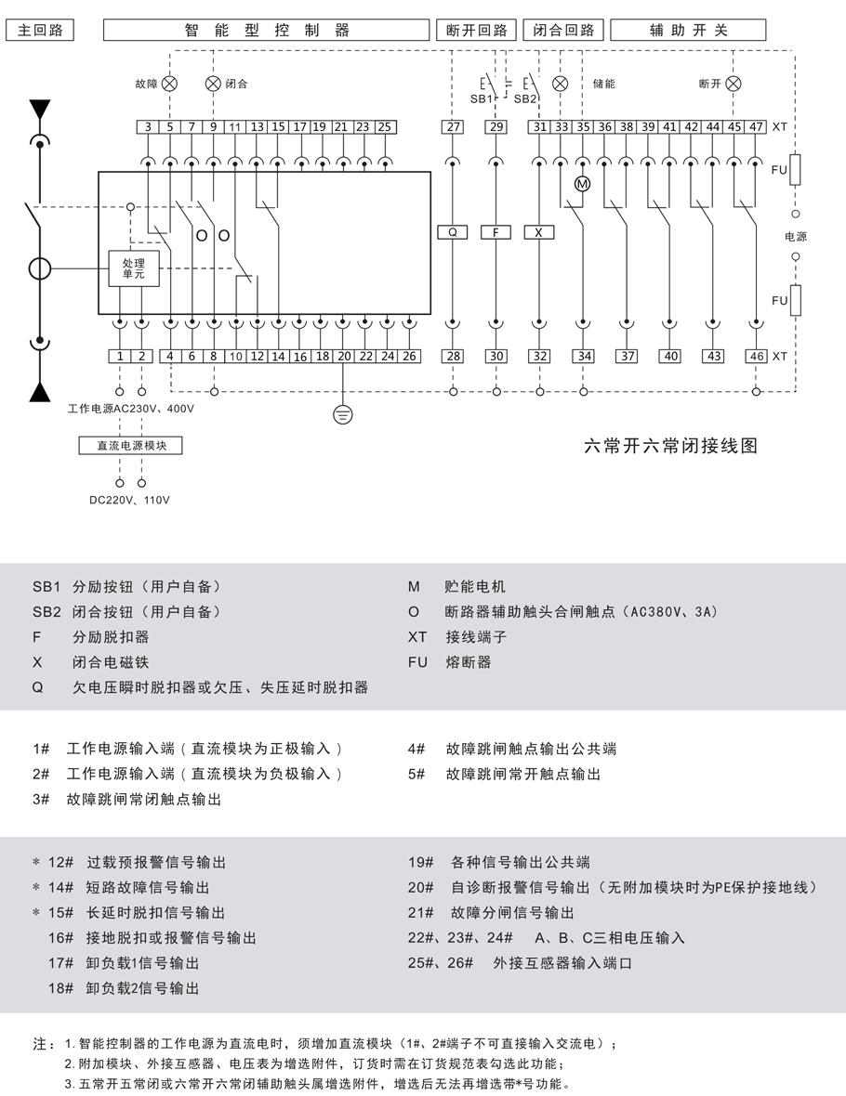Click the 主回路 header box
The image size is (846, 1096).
coord(40,30)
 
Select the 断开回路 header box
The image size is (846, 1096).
coord(476,30)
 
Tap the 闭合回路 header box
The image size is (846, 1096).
coord(563,30)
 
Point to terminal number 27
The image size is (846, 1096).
coord(453,127)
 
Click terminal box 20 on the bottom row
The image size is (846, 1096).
coord(344,356)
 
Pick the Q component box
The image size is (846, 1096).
coord(453,233)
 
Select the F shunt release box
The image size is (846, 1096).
coord(496,233)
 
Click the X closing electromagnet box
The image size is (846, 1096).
coord(539,233)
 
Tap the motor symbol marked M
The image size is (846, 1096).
coord(583,184)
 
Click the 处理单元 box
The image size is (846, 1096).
coord(134,269)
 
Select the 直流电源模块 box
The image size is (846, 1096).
coord(131,446)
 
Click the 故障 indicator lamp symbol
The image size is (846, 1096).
coord(169,84)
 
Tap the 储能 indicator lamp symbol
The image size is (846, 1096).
coord(561,84)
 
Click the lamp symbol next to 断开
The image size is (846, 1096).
coord(734,84)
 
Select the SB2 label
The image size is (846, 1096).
coord(525,98)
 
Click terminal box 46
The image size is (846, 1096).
coord(757,356)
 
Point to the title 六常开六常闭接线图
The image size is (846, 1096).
coord(670,446)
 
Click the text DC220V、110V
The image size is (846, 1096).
coord(130,501)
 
